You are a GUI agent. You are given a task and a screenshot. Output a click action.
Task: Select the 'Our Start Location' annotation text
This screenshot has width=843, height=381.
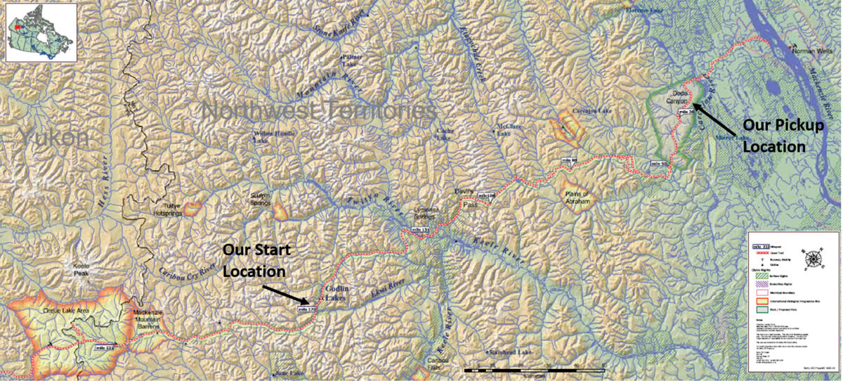point(257,260)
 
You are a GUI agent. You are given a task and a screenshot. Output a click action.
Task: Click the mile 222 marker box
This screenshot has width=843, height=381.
point(104,347)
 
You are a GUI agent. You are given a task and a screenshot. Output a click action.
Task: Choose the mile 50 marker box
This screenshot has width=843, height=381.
point(658,163)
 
